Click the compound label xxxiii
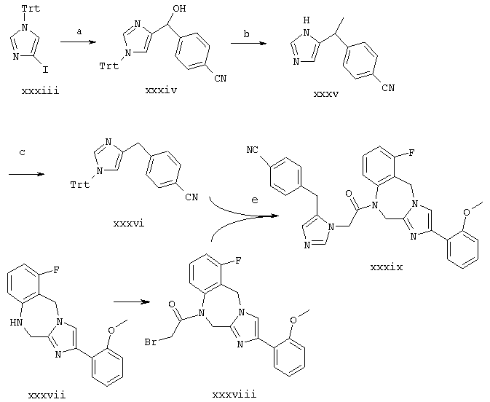[40, 91]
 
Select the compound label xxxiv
[161, 90]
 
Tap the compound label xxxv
[326, 94]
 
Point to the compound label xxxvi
[129, 224]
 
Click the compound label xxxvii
[47, 395]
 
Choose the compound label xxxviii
[234, 394]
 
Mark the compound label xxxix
[387, 267]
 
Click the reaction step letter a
[79, 31]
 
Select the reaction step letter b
[247, 33]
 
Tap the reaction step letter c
[22, 153]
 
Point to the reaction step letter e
[255, 200]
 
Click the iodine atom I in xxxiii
[46, 70]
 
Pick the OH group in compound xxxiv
[179, 9]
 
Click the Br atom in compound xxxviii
[151, 342]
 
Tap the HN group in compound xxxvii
[16, 322]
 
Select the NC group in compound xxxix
[253, 150]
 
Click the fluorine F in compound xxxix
[412, 153]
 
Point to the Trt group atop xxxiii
[31, 8]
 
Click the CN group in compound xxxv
[388, 88]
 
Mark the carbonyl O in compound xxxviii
[171, 304]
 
